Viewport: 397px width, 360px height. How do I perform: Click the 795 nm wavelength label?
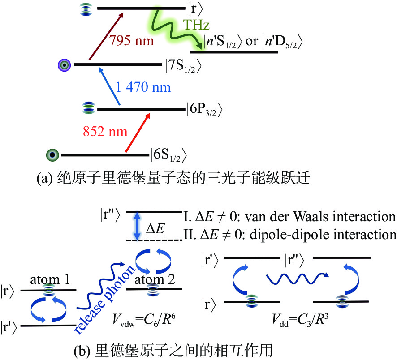coord(132,40)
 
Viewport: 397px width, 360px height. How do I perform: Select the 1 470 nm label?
coord(143,87)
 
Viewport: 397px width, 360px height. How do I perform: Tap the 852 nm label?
coord(105,131)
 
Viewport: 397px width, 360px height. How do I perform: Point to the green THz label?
coord(196,25)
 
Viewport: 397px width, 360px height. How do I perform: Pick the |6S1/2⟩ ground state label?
coord(168,154)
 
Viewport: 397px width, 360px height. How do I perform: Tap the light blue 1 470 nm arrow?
coord(109,86)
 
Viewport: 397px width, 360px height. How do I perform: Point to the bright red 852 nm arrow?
coord(138,133)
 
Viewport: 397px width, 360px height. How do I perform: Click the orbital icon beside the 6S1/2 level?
coord(52,154)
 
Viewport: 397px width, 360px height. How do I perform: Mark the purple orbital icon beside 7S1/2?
coord(65,65)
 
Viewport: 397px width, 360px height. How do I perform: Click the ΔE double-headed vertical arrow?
coord(137,226)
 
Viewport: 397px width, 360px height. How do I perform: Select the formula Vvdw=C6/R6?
coord(144,320)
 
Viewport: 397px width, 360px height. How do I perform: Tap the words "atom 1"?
coord(50,279)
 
